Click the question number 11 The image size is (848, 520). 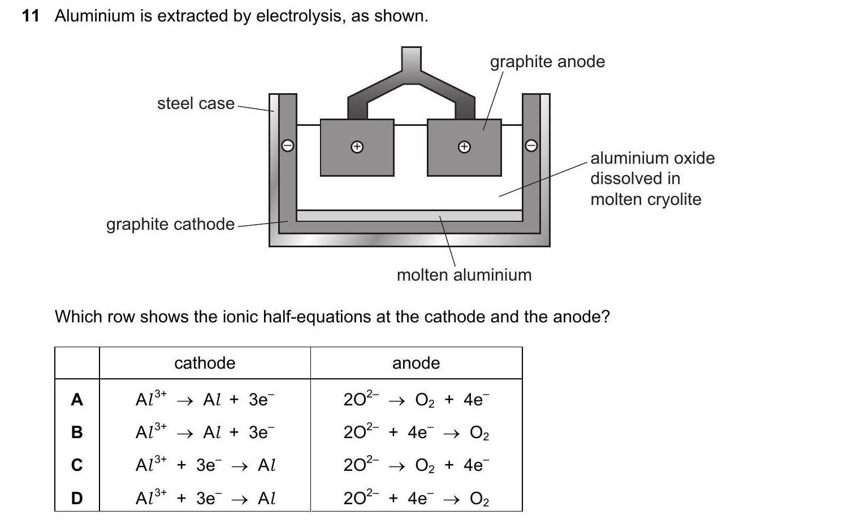pyautogui.click(x=31, y=16)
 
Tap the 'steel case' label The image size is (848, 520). pyautogui.click(x=196, y=103)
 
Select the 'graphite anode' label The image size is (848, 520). pyautogui.click(x=547, y=62)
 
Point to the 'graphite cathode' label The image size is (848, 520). pyautogui.click(x=170, y=224)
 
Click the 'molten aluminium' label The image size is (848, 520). pyautogui.click(x=464, y=275)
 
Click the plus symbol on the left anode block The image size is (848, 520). pyautogui.click(x=357, y=147)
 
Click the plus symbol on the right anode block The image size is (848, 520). pyautogui.click(x=464, y=147)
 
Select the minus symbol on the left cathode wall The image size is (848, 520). pyautogui.click(x=288, y=146)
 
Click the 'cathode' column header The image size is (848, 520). pyautogui.click(x=205, y=362)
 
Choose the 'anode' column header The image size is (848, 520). pyautogui.click(x=416, y=362)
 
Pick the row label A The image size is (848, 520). pyautogui.click(x=77, y=400)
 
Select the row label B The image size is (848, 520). pyautogui.click(x=77, y=432)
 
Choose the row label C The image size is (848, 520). pyautogui.click(x=77, y=465)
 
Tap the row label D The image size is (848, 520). pyautogui.click(x=77, y=498)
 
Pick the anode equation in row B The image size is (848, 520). pyautogui.click(x=416, y=432)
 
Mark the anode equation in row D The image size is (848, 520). pyautogui.click(x=416, y=498)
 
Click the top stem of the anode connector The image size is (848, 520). pyautogui.click(x=411, y=59)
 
